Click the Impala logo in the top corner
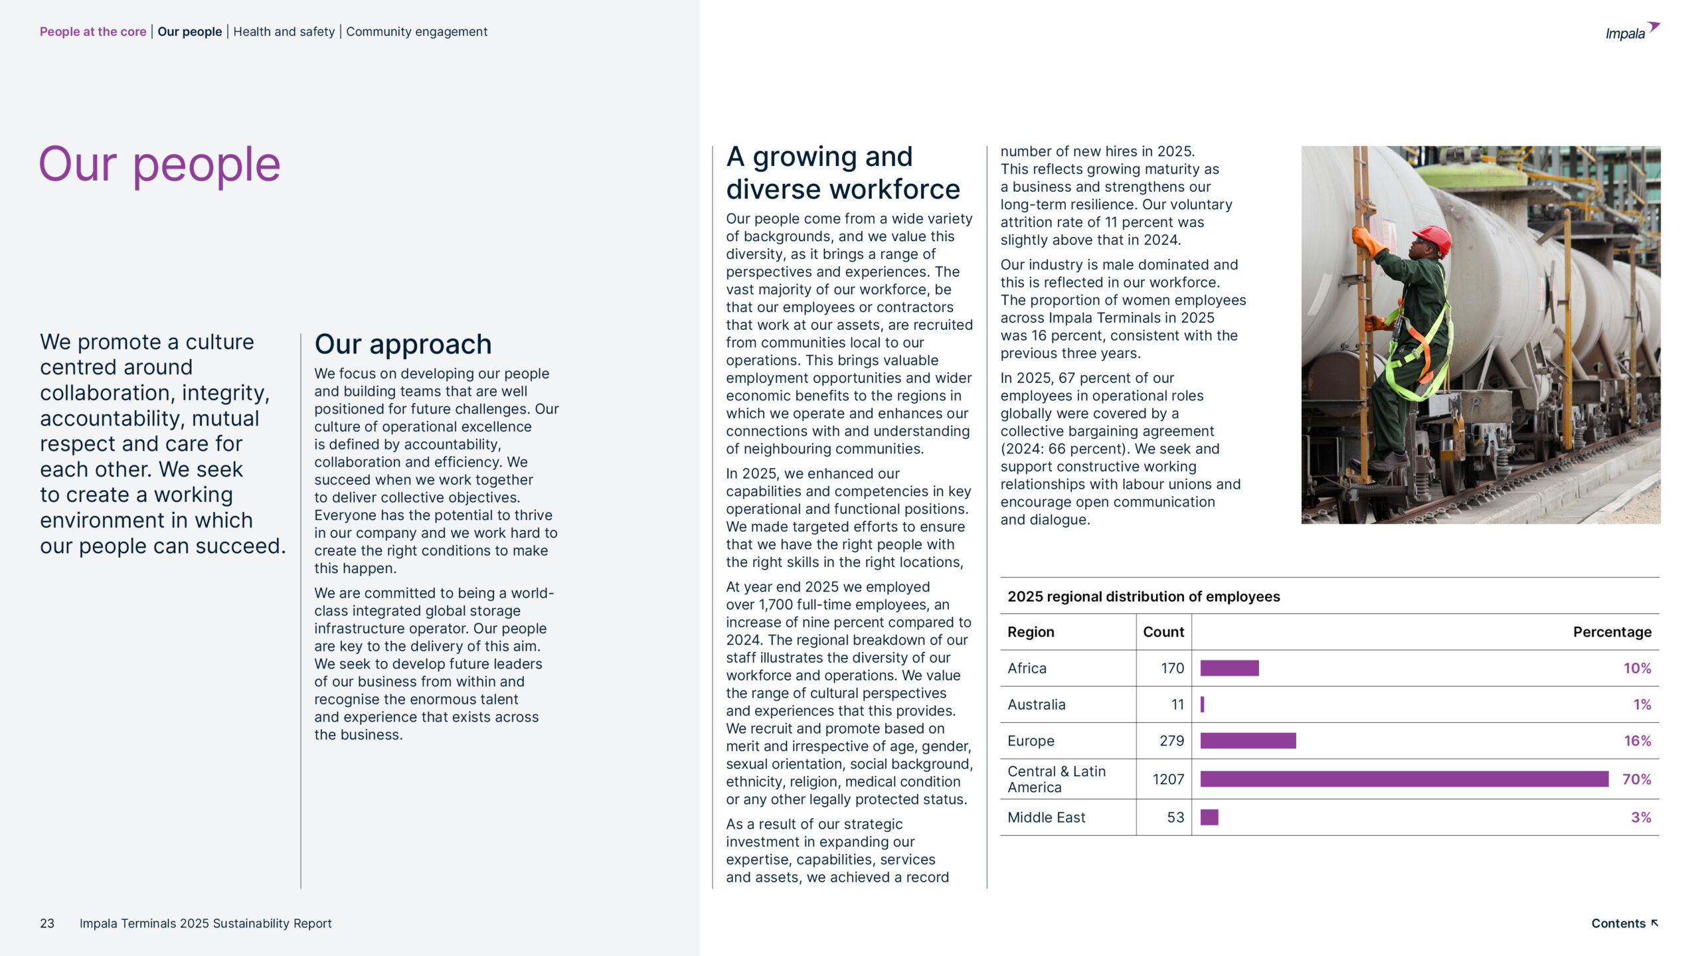[x=1632, y=32]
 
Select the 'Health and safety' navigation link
[x=284, y=32]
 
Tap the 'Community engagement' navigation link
[x=416, y=32]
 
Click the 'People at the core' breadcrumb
[x=93, y=32]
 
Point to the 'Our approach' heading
[x=403, y=345]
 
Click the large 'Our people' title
[x=159, y=165]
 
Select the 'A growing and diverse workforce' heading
[x=843, y=173]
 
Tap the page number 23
[x=47, y=923]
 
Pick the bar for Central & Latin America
[x=1404, y=779]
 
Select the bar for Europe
[x=1248, y=741]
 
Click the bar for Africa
[x=1229, y=668]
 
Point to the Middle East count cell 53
[x=1175, y=817]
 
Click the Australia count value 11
[x=1177, y=704]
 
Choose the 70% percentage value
[x=1636, y=779]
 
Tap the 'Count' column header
[x=1163, y=632]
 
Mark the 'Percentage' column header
[x=1612, y=632]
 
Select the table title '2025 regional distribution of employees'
[x=1144, y=596]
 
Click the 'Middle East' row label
[x=1046, y=817]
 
